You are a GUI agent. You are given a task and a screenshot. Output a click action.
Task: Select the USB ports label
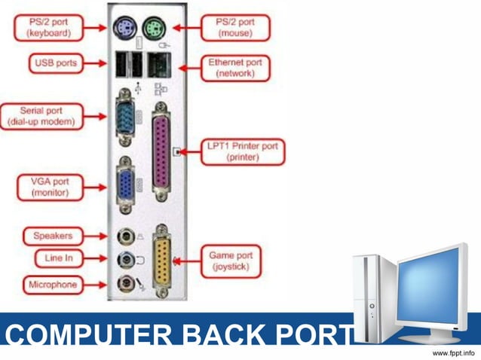55,63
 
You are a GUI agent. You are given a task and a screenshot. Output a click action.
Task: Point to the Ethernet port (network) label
235,69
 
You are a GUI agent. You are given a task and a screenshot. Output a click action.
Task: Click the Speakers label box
52,236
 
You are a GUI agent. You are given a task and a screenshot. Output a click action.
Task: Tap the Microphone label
53,285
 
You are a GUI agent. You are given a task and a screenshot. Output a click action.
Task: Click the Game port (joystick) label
231,261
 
